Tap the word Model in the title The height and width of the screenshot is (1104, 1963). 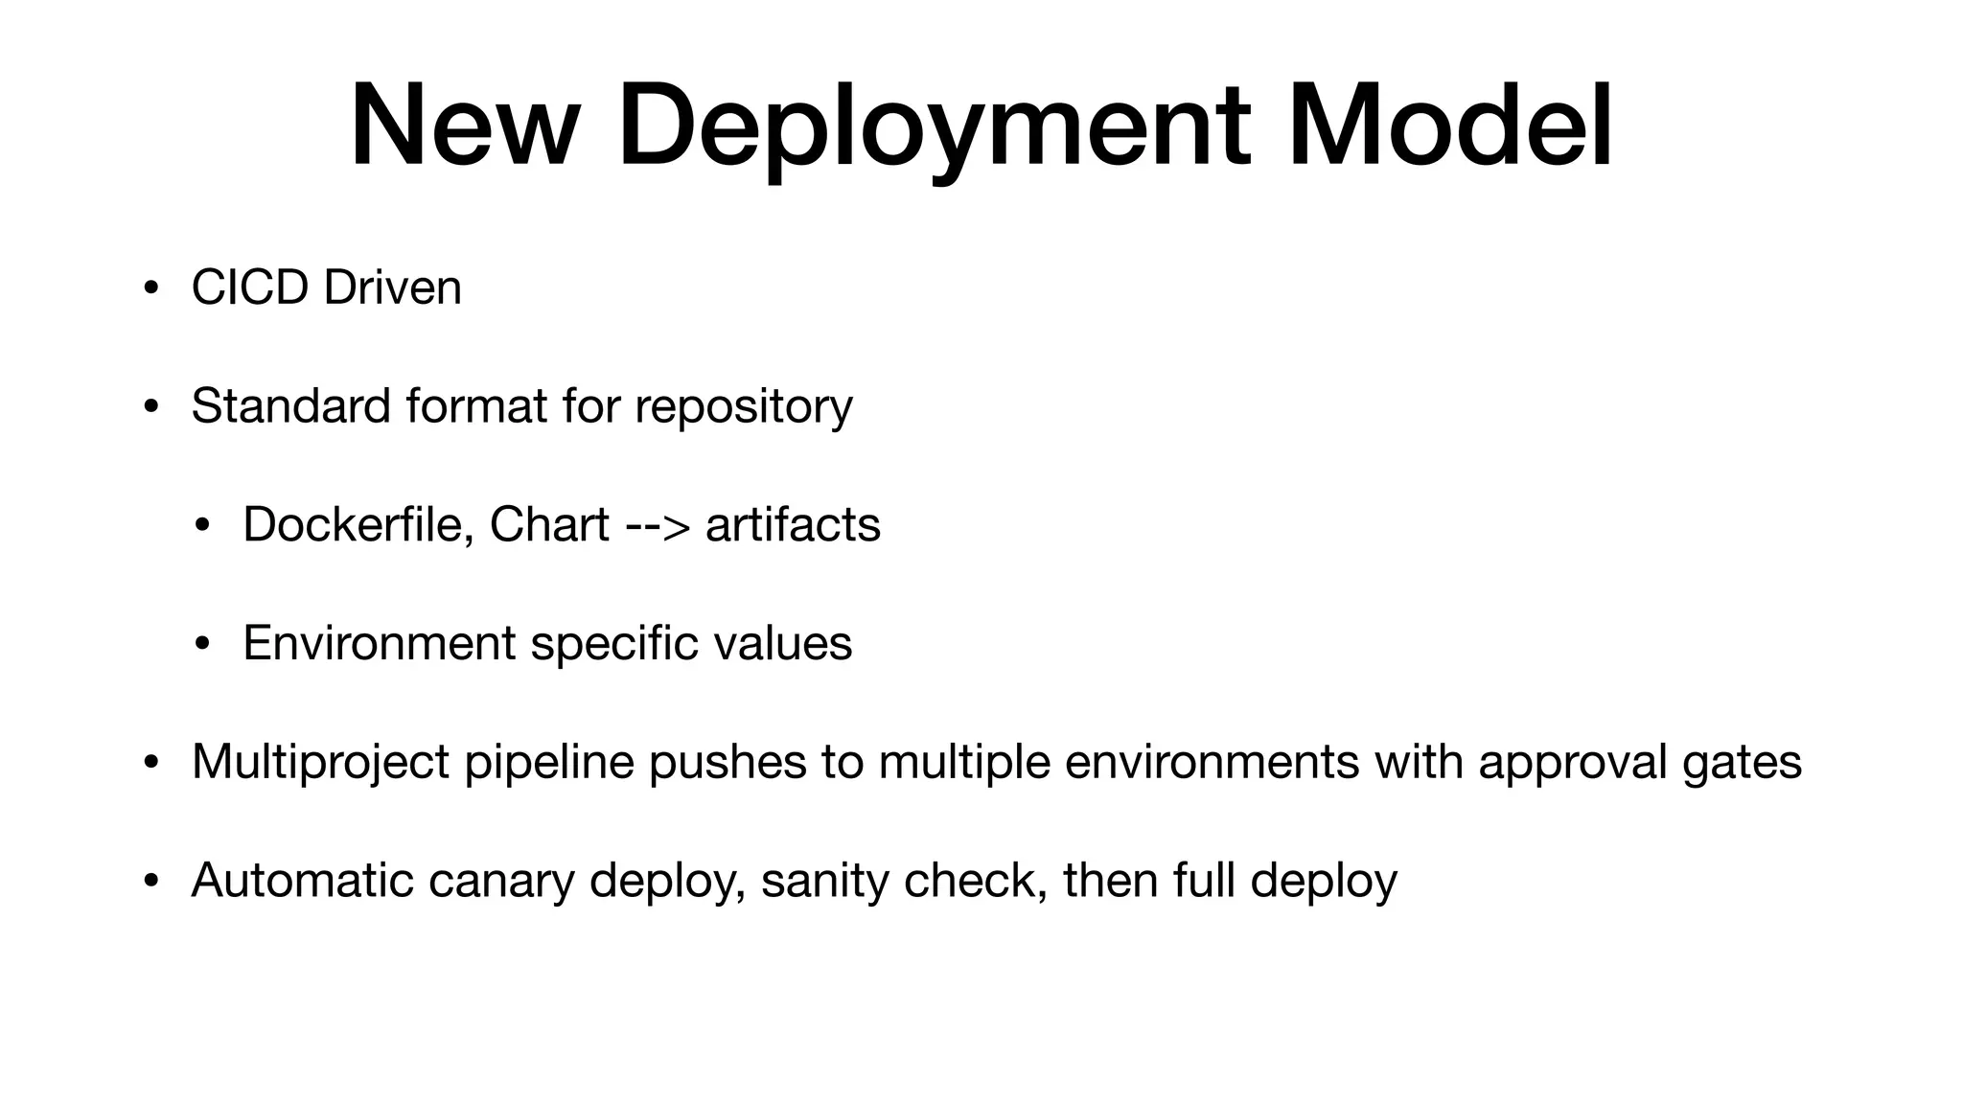click(1449, 126)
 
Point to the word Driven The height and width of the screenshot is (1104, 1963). click(393, 287)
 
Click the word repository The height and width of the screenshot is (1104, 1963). click(744, 407)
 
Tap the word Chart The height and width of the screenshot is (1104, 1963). click(549, 524)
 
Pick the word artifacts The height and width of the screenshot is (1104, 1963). click(793, 524)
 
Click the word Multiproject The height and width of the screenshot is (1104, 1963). click(320, 763)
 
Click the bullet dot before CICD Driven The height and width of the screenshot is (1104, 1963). click(150, 288)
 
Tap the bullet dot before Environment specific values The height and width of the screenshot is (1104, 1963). click(201, 644)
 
